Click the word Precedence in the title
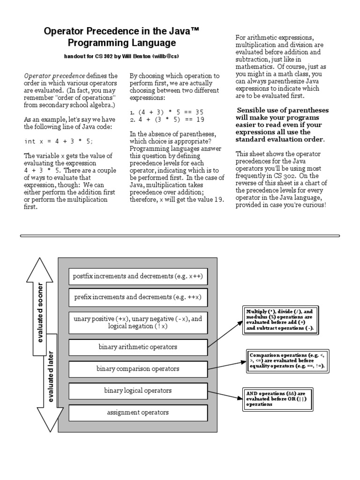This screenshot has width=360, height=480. pyautogui.click(x=115, y=31)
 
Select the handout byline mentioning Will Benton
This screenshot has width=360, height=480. pyautogui.click(x=121, y=56)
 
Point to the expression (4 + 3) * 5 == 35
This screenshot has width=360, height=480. pyautogui.click(x=166, y=112)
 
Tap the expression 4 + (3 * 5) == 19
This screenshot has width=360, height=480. pyautogui.click(x=166, y=120)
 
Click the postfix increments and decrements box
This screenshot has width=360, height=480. pyautogui.click(x=138, y=276)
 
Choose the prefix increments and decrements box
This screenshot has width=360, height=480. pyautogui.click(x=138, y=297)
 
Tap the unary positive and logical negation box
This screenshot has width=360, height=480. pyautogui.click(x=138, y=322)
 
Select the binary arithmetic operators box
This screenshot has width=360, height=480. pyautogui.click(x=138, y=347)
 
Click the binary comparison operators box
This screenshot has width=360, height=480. pyautogui.click(x=138, y=369)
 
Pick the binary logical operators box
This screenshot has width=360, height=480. pyautogui.click(x=138, y=390)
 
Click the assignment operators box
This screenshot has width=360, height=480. pyautogui.click(x=138, y=412)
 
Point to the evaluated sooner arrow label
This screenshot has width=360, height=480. pyautogui.click(x=40, y=312)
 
